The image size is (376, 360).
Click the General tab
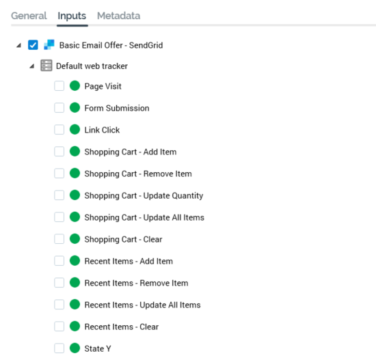(29, 16)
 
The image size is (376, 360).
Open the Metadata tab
(118, 16)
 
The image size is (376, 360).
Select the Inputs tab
(72, 16)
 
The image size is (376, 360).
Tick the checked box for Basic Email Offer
(33, 45)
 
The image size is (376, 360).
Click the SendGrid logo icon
(49, 45)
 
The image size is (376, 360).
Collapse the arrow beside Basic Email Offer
(19, 45)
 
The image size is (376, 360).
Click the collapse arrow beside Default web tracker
(32, 66)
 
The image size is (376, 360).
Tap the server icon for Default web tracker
(46, 66)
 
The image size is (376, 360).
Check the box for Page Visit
(59, 86)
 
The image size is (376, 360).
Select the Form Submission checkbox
(59, 108)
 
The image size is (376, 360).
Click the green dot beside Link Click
(75, 130)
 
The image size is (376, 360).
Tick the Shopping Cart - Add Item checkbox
(59, 152)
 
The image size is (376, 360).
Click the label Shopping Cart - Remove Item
(138, 174)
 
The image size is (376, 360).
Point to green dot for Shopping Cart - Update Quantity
(75, 195)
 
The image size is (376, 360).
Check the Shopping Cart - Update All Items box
(59, 217)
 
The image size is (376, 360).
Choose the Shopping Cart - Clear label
(123, 239)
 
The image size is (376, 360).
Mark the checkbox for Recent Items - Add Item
(59, 261)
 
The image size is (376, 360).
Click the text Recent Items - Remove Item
(136, 283)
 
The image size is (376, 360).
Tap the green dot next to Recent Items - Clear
(75, 327)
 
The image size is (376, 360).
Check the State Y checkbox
(59, 348)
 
